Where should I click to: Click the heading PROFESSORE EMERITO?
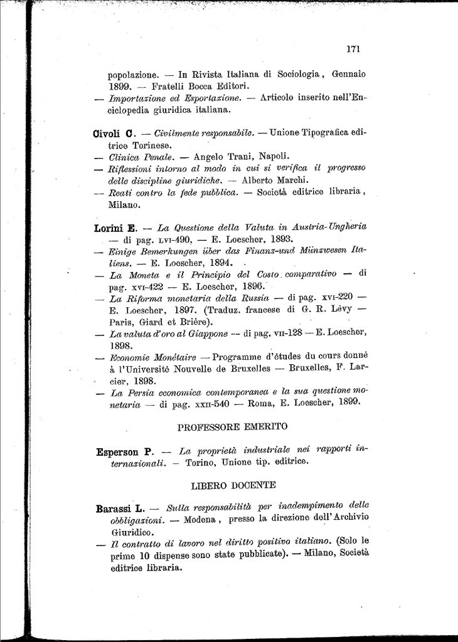(232, 427)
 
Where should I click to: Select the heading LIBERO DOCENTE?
(232, 485)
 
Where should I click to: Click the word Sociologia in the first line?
(292, 74)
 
